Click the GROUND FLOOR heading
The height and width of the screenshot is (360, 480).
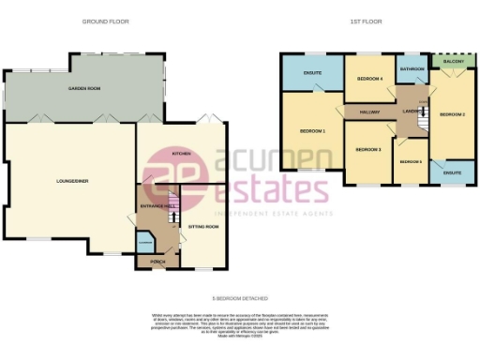pyautogui.click(x=105, y=21)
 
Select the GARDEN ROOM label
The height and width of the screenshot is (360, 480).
pyautogui.click(x=84, y=87)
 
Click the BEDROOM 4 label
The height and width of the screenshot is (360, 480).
pyautogui.click(x=368, y=80)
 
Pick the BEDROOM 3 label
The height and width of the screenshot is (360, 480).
pyautogui.click(x=367, y=149)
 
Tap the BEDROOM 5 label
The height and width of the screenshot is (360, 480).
pyautogui.click(x=411, y=162)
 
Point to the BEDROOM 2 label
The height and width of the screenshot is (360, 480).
pyautogui.click(x=452, y=115)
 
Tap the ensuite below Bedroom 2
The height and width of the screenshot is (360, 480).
pyautogui.click(x=452, y=173)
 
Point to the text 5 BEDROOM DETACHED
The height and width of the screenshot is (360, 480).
pyautogui.click(x=239, y=296)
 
